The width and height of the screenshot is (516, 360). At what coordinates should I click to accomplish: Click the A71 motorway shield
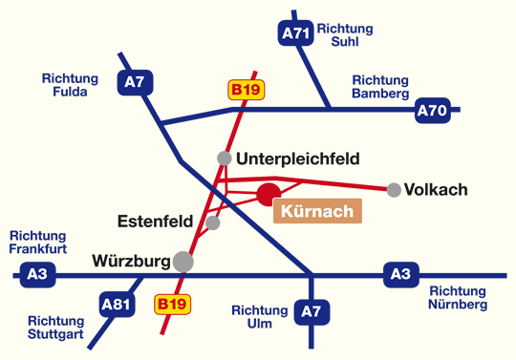coord(296,33)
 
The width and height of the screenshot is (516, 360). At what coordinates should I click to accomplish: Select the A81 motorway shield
coord(115,306)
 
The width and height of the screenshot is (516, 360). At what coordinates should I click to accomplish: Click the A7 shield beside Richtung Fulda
coord(133,82)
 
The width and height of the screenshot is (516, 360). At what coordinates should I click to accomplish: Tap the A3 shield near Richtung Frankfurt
coord(37,275)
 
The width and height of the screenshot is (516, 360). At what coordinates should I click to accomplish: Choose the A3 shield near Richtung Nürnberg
coord(399,275)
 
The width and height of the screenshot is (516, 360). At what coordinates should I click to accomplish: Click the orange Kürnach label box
coord(318,211)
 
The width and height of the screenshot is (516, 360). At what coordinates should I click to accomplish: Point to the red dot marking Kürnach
coord(269,195)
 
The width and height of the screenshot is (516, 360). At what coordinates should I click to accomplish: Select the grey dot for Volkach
coord(394,190)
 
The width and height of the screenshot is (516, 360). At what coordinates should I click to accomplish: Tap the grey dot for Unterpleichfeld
coord(224,158)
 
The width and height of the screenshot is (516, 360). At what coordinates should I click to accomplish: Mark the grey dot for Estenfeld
coord(213,222)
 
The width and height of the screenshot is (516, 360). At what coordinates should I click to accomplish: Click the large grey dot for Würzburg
coord(183,261)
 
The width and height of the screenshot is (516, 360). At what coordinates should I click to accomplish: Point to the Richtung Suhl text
coord(345,35)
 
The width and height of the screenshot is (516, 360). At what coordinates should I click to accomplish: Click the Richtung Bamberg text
coord(380,87)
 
